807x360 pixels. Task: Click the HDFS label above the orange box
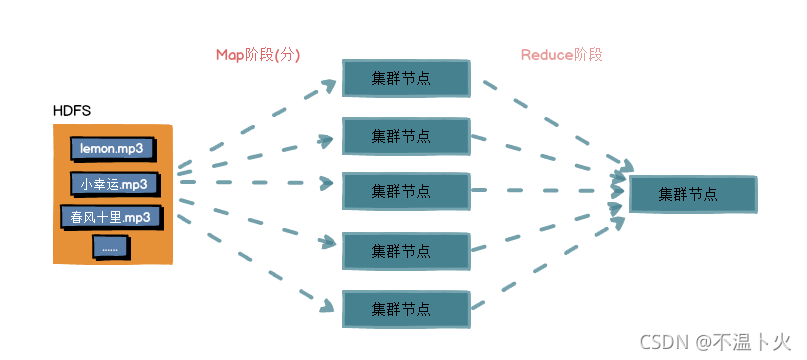coord(72,111)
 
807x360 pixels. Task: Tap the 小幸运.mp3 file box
coord(114,185)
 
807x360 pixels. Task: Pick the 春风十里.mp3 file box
coord(111,217)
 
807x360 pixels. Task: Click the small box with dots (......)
coord(111,248)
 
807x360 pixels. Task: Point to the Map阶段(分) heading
coord(258,55)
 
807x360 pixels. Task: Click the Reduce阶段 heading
coord(562,55)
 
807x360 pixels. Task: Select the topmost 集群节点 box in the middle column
coord(406,78)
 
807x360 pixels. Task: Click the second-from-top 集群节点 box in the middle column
coord(406,136)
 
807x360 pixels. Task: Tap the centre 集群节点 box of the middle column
coord(406,191)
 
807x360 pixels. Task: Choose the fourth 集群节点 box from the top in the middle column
coord(406,251)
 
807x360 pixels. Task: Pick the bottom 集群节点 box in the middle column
coord(406,309)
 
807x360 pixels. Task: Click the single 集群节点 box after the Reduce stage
coord(693,194)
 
